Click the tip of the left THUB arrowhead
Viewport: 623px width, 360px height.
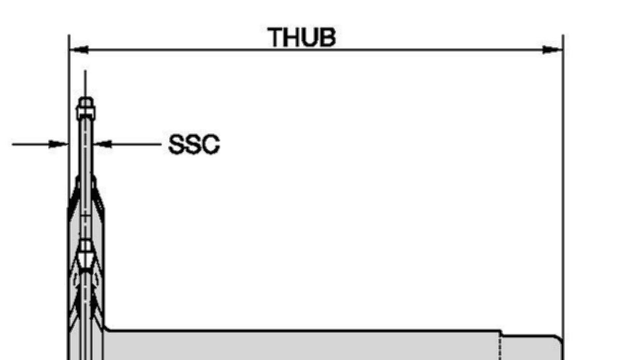click(x=70, y=50)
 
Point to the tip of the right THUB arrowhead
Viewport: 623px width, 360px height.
click(x=562, y=50)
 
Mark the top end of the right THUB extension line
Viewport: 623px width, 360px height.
click(x=563, y=35)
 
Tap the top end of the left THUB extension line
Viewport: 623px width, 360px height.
click(x=69, y=35)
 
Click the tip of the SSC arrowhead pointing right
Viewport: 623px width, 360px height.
click(x=67, y=144)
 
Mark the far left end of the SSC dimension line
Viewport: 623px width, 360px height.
click(x=12, y=144)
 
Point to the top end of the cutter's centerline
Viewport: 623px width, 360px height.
click(x=85, y=70)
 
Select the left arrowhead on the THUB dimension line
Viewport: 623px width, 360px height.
click(x=79, y=50)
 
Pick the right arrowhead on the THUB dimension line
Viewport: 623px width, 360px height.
click(x=552, y=50)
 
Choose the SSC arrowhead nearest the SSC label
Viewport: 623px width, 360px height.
click(x=102, y=144)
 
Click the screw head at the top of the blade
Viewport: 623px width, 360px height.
click(x=86, y=109)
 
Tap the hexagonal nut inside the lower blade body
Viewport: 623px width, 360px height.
click(x=85, y=253)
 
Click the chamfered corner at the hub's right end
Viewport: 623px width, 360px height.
click(x=560, y=338)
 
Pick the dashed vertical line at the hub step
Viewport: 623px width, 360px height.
click(x=500, y=348)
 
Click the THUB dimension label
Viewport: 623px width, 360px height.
click(x=302, y=37)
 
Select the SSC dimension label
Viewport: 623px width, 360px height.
click(x=194, y=144)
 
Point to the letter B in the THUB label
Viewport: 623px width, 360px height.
click(x=328, y=37)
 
